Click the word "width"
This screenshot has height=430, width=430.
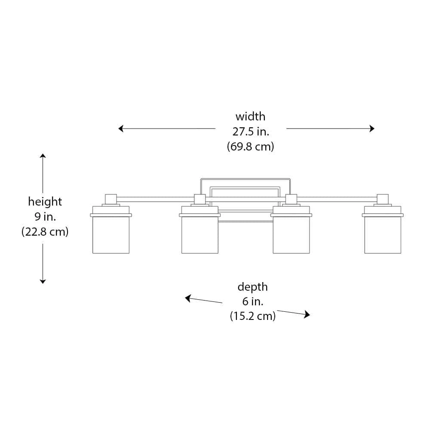(x=250, y=117)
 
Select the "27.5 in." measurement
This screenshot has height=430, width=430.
(x=251, y=132)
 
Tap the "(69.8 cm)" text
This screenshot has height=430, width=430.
(x=250, y=147)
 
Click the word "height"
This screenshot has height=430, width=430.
(x=45, y=202)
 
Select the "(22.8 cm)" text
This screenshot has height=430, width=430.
(x=45, y=232)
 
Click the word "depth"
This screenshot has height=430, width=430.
(x=252, y=287)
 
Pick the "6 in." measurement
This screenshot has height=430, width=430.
(x=252, y=301)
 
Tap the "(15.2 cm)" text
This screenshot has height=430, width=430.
(x=252, y=316)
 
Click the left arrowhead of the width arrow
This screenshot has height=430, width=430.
(x=121, y=128)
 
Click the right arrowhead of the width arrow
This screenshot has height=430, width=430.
(x=372, y=128)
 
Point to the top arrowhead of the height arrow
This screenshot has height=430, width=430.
(x=43, y=156)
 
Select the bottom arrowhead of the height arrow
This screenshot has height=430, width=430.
(x=43, y=281)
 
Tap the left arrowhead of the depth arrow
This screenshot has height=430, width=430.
(x=188, y=298)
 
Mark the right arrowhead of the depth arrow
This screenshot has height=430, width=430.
(x=307, y=315)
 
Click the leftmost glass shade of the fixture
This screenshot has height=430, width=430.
(x=111, y=234)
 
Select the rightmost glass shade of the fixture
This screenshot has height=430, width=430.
(x=383, y=234)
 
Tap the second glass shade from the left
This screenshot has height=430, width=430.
(x=200, y=234)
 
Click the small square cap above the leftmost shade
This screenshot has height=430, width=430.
(x=111, y=199)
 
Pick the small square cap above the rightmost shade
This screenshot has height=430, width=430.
(x=383, y=199)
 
